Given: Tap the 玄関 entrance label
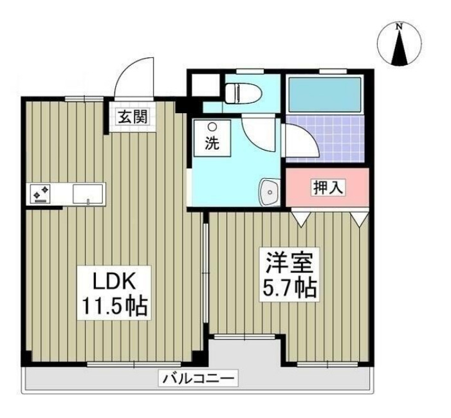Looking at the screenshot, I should pos(133,117).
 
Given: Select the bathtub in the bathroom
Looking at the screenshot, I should pos(324,95).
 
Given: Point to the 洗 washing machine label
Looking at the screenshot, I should pos(211,144).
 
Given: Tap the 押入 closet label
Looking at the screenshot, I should pos(329,187).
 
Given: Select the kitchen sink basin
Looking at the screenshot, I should pos(87,193).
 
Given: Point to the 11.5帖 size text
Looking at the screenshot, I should pos(115,306).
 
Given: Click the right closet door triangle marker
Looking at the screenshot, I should pos(360,219).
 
